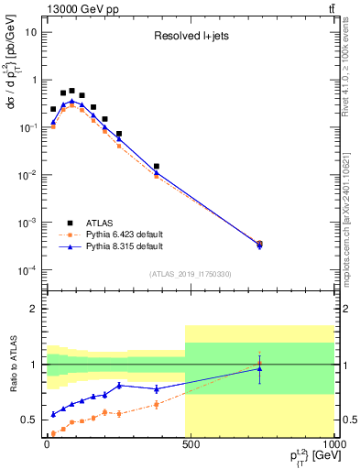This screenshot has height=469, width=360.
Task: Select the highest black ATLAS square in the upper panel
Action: pos(71,91)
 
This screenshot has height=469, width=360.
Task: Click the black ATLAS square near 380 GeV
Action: pos(157,167)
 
